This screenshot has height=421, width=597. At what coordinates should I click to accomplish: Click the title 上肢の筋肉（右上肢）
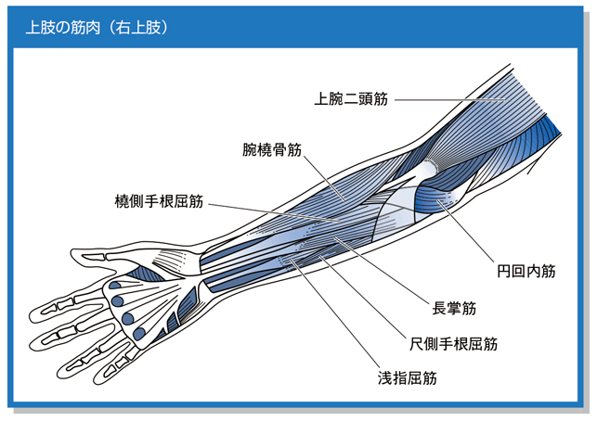(x=97, y=28)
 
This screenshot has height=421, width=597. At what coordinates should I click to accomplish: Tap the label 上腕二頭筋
(x=351, y=99)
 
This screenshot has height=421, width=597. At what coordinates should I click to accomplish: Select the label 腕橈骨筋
(x=272, y=149)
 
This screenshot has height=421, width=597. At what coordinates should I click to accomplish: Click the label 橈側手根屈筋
(x=159, y=201)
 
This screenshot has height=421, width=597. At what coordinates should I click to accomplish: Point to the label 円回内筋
(x=526, y=271)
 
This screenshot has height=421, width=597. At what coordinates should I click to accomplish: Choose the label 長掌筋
(x=454, y=308)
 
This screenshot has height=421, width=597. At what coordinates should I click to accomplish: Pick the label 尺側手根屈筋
(x=454, y=344)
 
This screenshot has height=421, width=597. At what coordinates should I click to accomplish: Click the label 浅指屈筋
(x=408, y=378)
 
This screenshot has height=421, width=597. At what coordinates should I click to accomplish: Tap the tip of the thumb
(x=72, y=254)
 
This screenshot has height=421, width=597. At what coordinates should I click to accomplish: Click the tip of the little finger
(x=97, y=378)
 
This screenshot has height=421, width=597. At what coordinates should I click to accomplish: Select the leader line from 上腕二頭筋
(x=450, y=100)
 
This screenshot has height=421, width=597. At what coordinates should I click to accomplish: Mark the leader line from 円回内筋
(x=466, y=231)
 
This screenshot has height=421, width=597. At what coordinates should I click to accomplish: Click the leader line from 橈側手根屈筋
(x=274, y=212)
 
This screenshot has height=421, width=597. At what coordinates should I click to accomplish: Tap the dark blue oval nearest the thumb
(x=114, y=286)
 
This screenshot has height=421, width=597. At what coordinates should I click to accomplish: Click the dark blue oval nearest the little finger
(x=139, y=334)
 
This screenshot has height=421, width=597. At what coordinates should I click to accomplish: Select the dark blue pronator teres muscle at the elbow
(x=432, y=198)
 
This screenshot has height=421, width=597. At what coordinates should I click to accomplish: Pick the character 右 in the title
(x=123, y=28)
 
